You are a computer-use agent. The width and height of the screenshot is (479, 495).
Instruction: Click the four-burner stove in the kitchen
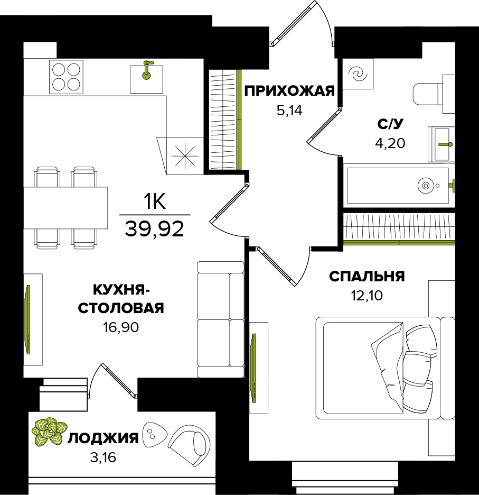click(66, 77)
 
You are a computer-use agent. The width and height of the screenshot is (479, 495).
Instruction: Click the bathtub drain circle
click(425, 186)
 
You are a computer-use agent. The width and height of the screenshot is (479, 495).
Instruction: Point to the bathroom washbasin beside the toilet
click(442, 143)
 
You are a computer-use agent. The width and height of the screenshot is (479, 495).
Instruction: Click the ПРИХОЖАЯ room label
click(289, 91)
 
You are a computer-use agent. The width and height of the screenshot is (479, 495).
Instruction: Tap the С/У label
click(390, 124)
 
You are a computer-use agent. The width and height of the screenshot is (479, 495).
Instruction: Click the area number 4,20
click(390, 143)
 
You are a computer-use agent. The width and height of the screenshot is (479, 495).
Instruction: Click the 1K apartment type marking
click(154, 201)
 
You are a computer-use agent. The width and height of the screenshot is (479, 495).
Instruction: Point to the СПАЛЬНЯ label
click(367, 277)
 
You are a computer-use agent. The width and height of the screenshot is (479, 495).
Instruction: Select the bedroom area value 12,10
click(367, 296)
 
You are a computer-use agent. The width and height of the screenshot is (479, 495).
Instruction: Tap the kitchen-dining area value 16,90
click(121, 328)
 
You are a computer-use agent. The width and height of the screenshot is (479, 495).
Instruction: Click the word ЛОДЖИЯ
click(104, 438)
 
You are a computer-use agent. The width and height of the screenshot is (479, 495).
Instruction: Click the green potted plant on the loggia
click(48, 430)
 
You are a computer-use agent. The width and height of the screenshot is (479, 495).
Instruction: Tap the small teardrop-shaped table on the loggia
click(154, 434)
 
